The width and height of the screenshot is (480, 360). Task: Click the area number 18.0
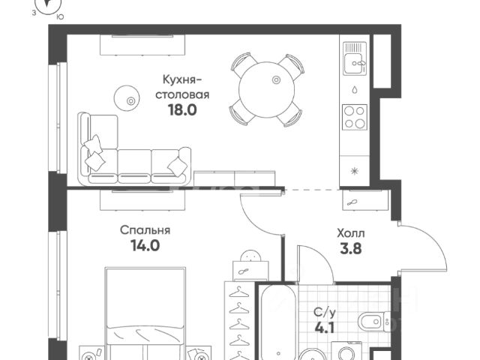[x=182, y=110]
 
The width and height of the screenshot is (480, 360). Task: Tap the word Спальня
[x=145, y=230]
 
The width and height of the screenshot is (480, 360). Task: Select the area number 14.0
[x=145, y=245]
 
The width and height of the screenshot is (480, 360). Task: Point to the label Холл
[x=351, y=233]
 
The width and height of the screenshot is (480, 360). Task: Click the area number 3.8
[x=351, y=248]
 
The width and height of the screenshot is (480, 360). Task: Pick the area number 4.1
[x=325, y=328]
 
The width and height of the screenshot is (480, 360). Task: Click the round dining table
[x=267, y=89]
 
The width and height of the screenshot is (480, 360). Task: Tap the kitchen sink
[x=355, y=58]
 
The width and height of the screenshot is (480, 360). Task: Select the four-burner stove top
[x=355, y=117]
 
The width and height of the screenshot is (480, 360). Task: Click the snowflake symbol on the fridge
[x=355, y=171]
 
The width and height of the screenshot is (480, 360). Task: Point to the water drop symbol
[x=355, y=90]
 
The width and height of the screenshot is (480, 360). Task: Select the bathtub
[x=278, y=322]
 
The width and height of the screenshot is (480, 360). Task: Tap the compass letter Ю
[x=60, y=17]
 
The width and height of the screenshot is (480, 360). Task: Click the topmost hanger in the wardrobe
[x=239, y=293]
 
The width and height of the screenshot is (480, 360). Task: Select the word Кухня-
[x=182, y=79]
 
